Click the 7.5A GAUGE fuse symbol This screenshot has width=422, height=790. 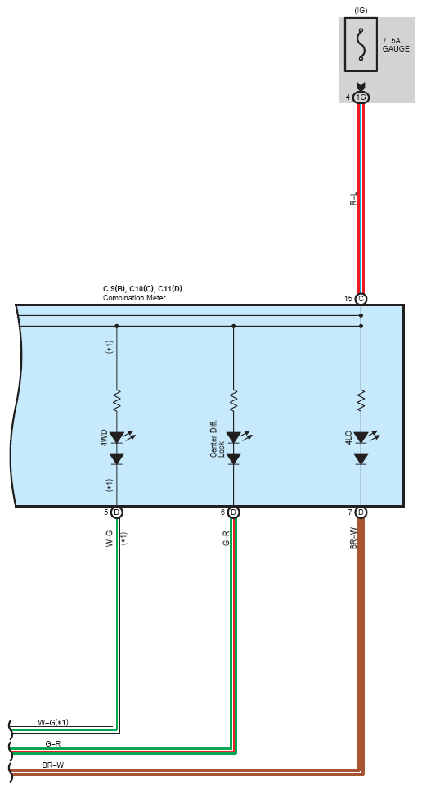(361, 44)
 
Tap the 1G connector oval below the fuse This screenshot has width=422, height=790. (361, 97)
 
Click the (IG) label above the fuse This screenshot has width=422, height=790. (361, 10)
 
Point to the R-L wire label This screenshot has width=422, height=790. (353, 198)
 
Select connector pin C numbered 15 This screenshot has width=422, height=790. (361, 299)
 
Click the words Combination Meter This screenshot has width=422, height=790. (134, 298)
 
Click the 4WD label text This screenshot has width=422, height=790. (104, 437)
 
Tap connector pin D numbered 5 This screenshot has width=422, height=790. (117, 513)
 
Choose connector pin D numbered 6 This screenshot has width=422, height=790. (233, 513)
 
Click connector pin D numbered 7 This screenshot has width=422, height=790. (361, 513)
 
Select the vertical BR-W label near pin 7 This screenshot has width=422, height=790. (353, 539)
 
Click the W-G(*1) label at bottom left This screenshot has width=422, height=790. (53, 722)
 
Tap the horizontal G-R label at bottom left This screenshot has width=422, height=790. (53, 743)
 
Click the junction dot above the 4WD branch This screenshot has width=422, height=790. (117, 326)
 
